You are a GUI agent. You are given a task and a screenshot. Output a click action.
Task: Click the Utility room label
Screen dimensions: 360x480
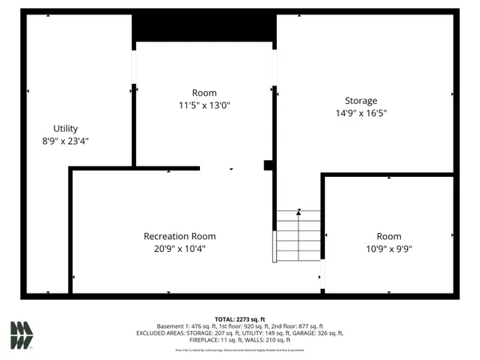pos(66,128)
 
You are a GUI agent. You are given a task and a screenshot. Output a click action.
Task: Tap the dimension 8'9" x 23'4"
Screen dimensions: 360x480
pos(66,141)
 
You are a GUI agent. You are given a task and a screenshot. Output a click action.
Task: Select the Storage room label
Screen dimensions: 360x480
pos(361,101)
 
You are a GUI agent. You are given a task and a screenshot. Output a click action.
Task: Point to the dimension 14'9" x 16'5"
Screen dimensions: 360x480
pos(361,114)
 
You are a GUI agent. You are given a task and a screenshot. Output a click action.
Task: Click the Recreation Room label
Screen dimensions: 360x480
pos(179,236)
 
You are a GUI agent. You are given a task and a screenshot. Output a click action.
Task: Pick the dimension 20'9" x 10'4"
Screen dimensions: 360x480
pos(179,249)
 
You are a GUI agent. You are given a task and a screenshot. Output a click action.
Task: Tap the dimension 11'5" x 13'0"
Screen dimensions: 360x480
pos(204,105)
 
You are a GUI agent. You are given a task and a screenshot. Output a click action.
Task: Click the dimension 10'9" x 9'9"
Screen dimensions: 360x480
pos(389,249)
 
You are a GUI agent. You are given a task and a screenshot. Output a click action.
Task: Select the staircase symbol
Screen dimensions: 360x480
pos(298,235)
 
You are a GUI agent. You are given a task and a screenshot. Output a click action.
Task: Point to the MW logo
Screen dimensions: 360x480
pos(22,334)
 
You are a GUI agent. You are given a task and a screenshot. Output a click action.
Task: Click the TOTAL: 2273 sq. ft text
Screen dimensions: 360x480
pos(240,318)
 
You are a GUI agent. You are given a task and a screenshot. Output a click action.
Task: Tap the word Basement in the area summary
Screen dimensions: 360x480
pos(171,326)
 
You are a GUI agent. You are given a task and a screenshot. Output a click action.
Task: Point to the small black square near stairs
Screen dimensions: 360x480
pos(269,166)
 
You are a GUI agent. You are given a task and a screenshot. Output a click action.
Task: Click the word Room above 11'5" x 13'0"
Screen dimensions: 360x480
pos(204,93)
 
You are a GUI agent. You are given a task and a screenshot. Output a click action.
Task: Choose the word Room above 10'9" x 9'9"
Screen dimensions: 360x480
pos(389,236)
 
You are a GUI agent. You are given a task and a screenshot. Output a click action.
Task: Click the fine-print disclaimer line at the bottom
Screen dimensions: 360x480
pos(240,350)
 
